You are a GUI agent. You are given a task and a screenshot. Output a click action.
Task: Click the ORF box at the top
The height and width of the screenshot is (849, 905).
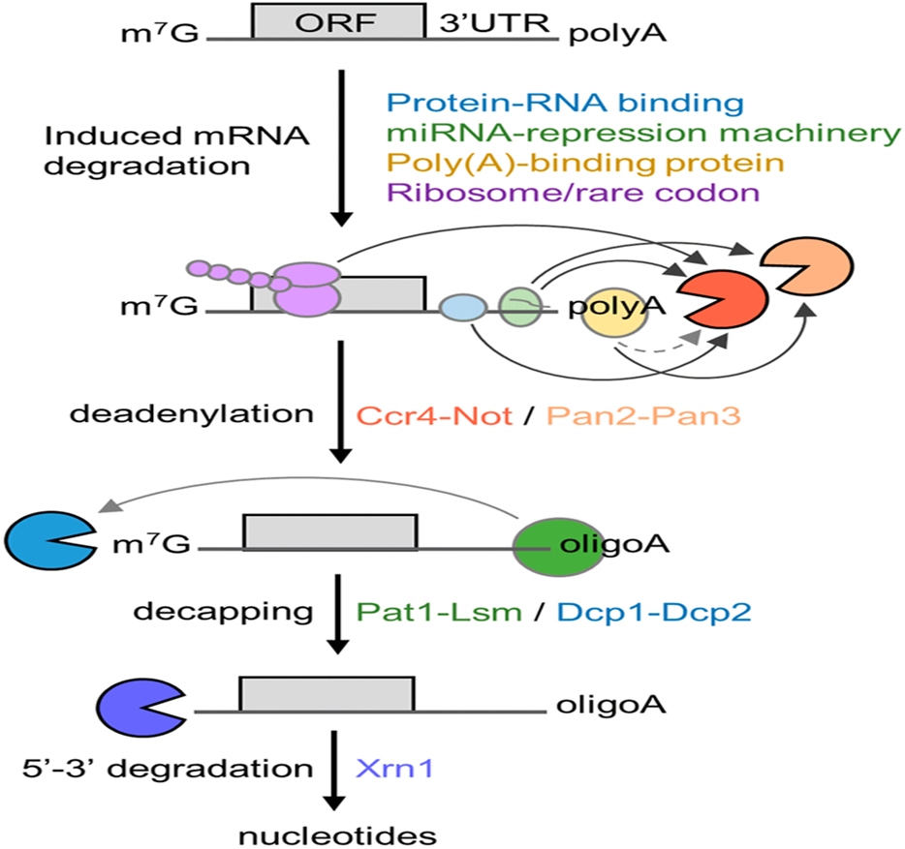337,21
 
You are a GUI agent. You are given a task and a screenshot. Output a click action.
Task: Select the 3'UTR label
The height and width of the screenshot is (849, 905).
482,24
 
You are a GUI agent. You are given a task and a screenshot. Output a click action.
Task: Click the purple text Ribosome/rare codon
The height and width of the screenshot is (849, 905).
572,194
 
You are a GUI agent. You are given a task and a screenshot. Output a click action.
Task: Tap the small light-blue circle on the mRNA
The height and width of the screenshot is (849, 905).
461,309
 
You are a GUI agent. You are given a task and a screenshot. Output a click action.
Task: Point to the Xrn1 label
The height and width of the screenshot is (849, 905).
395,769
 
